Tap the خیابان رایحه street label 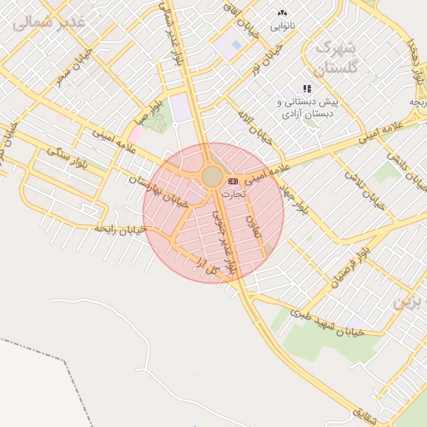pos(120,227)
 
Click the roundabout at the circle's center pos(212,176)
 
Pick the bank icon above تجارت pos(233,181)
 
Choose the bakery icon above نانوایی pos(282,13)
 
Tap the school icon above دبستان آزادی pos(307,88)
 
